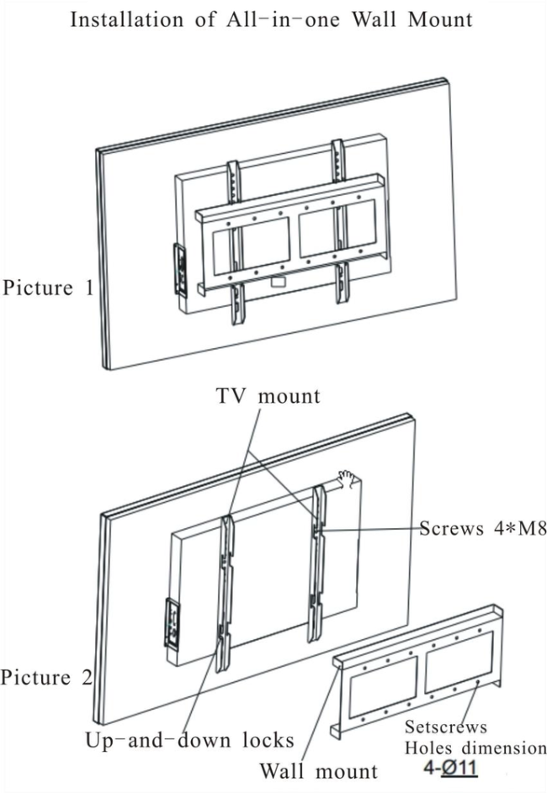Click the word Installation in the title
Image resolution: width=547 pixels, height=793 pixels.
[126, 19]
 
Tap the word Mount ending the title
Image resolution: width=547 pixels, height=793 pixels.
[440, 19]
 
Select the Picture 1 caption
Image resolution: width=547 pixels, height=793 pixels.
[48, 288]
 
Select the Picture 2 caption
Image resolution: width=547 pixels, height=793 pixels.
[46, 677]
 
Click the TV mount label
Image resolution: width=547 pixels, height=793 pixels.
[268, 395]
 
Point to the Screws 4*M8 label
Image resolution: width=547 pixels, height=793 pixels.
[483, 528]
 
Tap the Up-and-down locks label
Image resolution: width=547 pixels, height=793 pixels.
[189, 740]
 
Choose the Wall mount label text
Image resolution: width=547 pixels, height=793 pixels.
[318, 771]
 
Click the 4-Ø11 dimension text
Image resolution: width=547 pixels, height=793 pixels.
[450, 769]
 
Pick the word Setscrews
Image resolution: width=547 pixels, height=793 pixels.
[446, 727]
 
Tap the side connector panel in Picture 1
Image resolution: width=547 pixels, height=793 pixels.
[180, 270]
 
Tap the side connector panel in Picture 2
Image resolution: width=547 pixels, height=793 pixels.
[173, 624]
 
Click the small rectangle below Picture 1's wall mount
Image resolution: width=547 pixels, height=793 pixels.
[278, 282]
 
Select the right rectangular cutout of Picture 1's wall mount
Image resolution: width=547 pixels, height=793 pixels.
[337, 228]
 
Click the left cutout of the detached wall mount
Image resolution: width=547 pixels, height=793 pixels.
[383, 686]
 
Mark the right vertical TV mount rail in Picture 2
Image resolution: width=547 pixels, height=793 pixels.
[317, 564]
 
